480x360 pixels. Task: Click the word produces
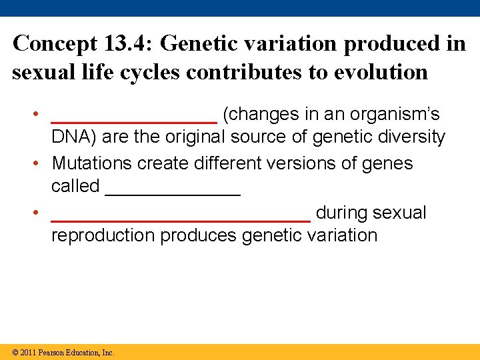click(x=199, y=236)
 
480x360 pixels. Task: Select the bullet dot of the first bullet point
click(x=41, y=115)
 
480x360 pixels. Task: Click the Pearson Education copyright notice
click(x=63, y=352)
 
